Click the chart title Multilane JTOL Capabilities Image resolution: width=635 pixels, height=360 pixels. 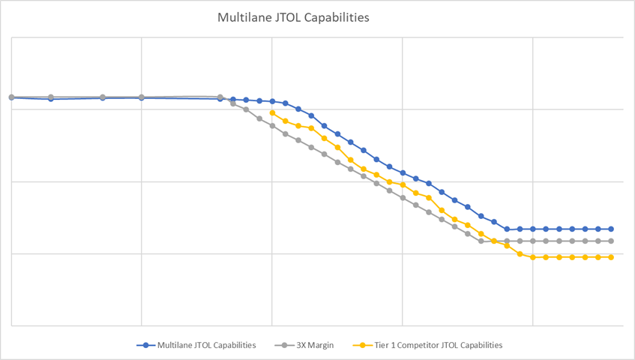tap(293, 17)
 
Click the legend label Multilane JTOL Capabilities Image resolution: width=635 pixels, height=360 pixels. tap(207, 346)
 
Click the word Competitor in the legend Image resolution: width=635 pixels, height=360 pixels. tap(420, 346)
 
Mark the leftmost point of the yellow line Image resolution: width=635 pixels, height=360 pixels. tap(272, 113)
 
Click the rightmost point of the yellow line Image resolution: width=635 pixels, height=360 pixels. tap(611, 257)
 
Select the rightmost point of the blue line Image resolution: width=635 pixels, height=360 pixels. tap(611, 229)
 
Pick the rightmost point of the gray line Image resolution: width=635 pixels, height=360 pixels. tap(611, 241)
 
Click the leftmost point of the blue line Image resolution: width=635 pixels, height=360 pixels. tap(11, 97)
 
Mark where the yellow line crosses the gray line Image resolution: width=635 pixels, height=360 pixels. tap(495, 241)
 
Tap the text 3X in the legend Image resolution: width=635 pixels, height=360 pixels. tap(303, 346)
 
